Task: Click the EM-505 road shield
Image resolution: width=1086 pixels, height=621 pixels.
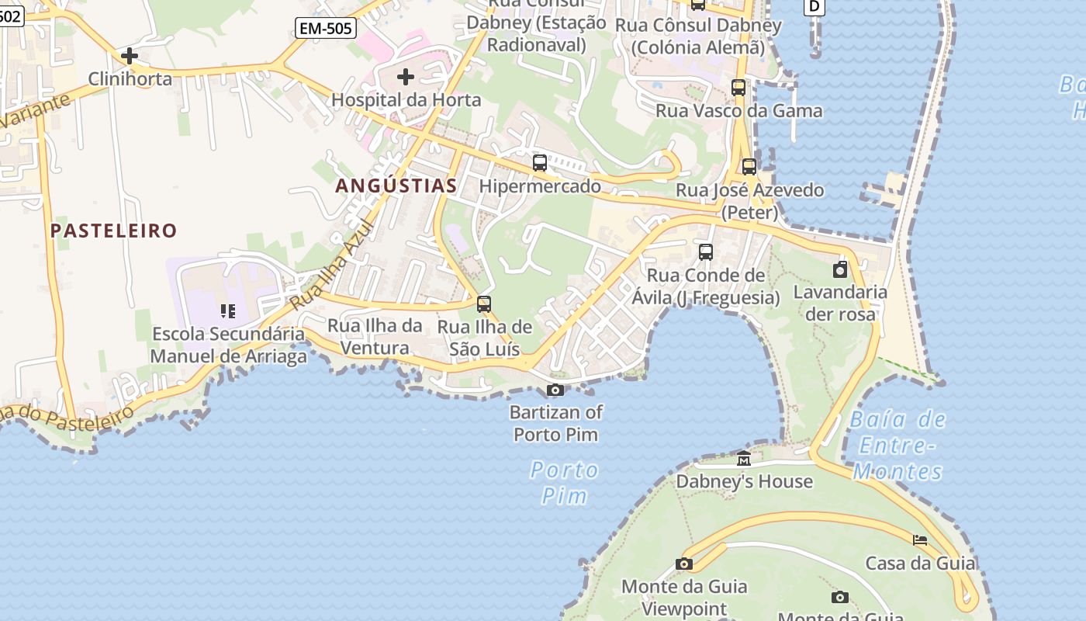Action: [326, 29]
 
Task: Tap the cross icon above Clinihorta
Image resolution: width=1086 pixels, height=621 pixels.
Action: [130, 56]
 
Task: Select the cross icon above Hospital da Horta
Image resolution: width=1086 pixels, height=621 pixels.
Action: [405, 77]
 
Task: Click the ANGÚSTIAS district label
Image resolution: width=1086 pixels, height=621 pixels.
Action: [396, 186]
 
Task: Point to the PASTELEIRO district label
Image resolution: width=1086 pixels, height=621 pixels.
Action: [114, 231]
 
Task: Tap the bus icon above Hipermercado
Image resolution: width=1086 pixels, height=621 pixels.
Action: [540, 163]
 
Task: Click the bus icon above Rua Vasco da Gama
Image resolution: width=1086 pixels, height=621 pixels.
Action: [738, 88]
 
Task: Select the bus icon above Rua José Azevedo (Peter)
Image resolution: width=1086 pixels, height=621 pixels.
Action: [749, 167]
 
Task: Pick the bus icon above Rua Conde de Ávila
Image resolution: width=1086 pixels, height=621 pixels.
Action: [706, 252]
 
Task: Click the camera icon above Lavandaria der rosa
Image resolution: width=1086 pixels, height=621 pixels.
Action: [840, 270]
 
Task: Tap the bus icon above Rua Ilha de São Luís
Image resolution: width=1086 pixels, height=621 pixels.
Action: [484, 304]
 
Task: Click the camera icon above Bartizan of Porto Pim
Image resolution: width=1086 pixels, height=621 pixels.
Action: [555, 390]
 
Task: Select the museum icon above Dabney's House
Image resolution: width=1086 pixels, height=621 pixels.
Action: [744, 459]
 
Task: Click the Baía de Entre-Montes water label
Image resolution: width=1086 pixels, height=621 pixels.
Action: [898, 446]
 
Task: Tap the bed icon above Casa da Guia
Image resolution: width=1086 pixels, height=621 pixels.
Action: [920, 540]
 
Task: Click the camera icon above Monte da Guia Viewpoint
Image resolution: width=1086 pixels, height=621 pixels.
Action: [684, 564]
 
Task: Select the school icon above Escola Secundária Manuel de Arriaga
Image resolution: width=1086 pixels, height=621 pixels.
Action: [228, 311]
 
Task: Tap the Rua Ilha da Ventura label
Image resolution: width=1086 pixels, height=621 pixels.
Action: [375, 337]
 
